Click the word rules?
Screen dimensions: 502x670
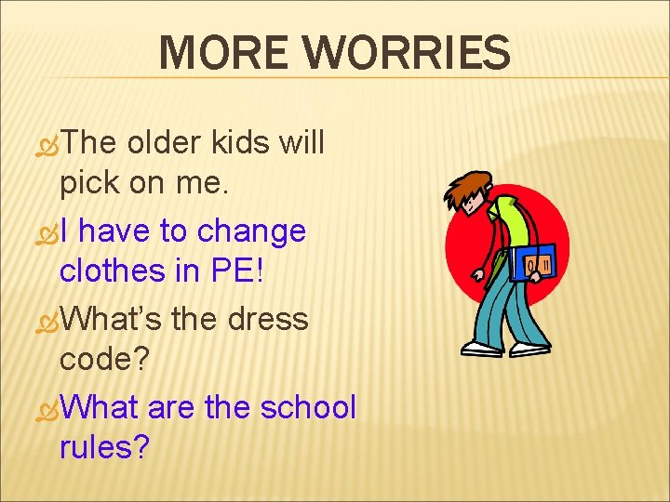[x=104, y=449]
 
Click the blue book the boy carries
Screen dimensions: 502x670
[x=534, y=263]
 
